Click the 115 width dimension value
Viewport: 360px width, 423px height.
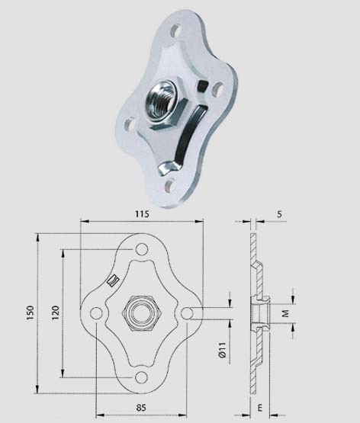(142, 213)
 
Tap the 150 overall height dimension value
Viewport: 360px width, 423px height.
(31, 312)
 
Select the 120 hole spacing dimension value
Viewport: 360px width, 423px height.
(56, 312)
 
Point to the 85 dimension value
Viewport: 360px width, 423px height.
(141, 407)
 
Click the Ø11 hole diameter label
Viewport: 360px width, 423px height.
(223, 350)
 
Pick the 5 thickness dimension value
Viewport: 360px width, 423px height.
(280, 214)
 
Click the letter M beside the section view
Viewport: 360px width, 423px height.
(285, 313)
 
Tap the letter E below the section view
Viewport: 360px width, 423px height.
(259, 408)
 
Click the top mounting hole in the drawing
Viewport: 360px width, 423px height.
(141, 249)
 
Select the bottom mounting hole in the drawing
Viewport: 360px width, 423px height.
(141, 377)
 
